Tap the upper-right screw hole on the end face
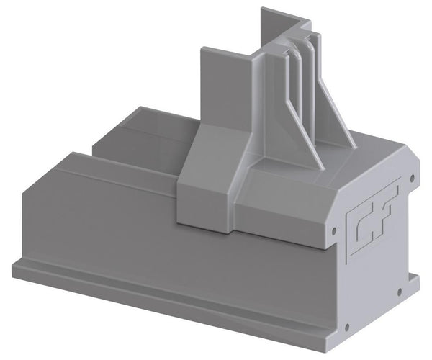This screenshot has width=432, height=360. (x=412, y=177)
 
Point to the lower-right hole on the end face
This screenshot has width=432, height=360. (x=399, y=292)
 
